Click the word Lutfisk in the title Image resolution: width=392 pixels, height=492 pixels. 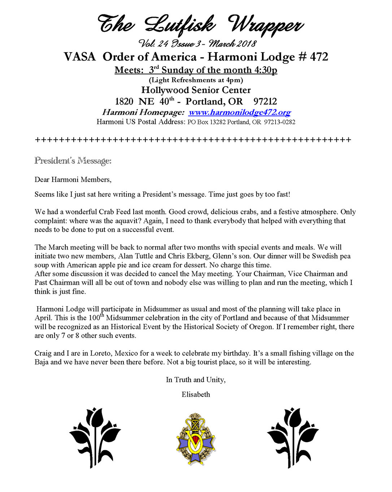click(x=180, y=25)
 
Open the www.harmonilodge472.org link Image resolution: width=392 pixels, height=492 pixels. click(x=240, y=112)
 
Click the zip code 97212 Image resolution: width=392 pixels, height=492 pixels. click(x=265, y=101)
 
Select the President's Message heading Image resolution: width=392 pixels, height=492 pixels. click(x=73, y=161)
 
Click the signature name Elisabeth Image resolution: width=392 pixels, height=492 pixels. click(x=196, y=394)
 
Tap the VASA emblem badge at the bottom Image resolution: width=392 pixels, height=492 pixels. click(x=196, y=439)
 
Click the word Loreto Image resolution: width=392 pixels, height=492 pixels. click(x=101, y=353)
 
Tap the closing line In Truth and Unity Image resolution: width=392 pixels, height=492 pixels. click(x=196, y=380)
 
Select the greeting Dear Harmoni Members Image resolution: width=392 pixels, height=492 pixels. click(x=73, y=179)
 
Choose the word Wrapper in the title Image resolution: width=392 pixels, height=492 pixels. click(x=265, y=25)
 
